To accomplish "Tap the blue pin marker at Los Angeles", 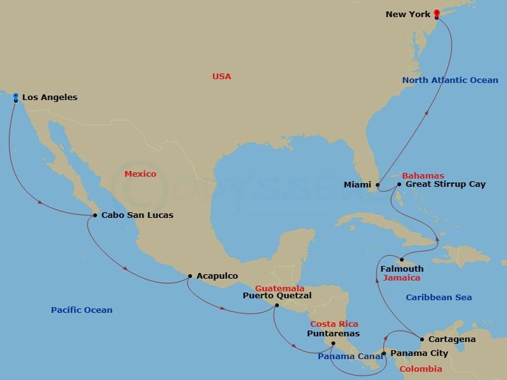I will (15, 97).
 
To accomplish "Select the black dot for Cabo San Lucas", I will (95, 215).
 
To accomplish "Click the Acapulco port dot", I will (190, 276).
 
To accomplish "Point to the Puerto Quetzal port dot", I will (276, 305).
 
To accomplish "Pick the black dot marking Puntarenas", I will (333, 344).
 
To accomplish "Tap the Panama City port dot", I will (383, 353).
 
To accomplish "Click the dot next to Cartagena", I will (422, 339).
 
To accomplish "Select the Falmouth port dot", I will (402, 260).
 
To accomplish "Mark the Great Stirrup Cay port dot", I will (399, 184).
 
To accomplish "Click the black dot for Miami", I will (378, 185).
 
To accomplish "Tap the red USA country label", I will (222, 76).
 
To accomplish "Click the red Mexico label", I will (140, 174).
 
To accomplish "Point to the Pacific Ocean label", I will (81, 310).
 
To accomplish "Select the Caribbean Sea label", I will (439, 297).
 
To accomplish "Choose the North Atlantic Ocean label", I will (450, 80).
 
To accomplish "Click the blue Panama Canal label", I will (350, 357).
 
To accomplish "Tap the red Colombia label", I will (421, 369).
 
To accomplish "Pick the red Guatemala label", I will (279, 288).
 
